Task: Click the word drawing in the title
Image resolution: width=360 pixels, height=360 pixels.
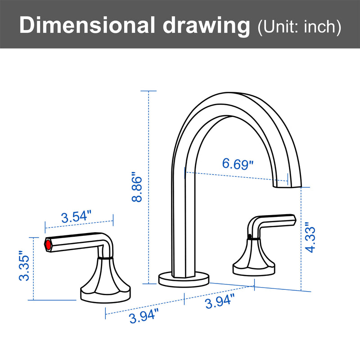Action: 206,26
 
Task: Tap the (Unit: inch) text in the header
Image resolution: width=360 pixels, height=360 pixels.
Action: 298,27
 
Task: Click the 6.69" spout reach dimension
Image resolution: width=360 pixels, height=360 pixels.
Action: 238,164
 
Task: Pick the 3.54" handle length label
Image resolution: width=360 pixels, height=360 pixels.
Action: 76,217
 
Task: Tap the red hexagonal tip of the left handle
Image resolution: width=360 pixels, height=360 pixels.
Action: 47,245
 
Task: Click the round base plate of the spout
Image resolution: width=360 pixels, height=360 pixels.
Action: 184,278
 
